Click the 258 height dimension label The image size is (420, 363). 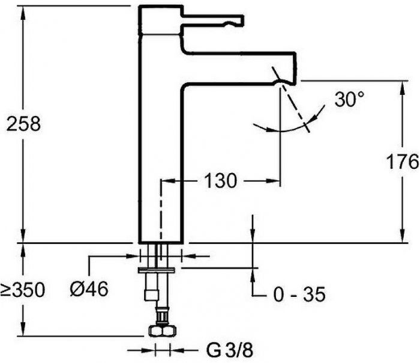coord(23,124)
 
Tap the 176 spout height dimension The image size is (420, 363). coord(403,162)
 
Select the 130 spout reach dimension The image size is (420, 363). coord(220,180)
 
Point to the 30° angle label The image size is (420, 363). coord(349,99)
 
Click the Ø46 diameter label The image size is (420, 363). coord(89,289)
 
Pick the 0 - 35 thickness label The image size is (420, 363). coord(299,294)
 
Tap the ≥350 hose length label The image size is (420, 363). coord(23,290)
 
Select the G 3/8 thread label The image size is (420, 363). coord(230,350)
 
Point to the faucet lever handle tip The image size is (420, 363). coord(243,20)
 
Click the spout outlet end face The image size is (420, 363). coord(296,68)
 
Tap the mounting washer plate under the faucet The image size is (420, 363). coord(156,270)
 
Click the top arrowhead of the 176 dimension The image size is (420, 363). coord(402,87)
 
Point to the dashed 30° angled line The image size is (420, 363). coord(291,99)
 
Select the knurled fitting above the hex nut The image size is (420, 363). coord(163,317)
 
